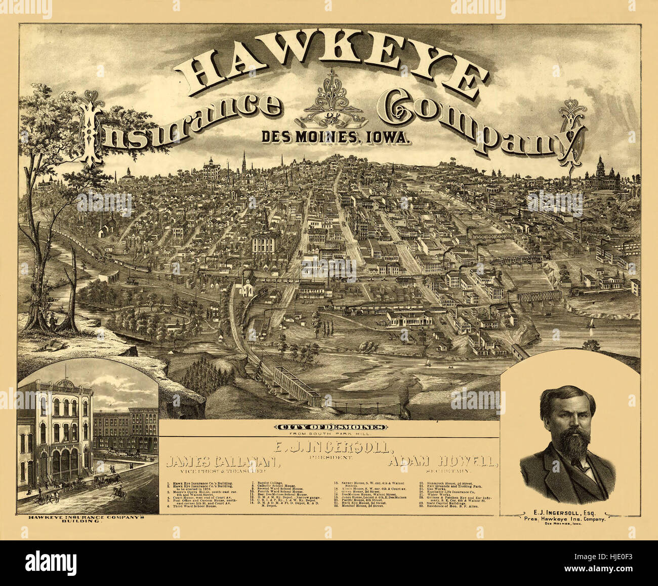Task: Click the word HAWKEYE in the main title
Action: click(332, 68)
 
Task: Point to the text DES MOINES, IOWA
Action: click(335, 136)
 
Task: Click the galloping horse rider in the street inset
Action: click(119, 491)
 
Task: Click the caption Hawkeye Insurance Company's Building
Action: click(87, 519)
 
